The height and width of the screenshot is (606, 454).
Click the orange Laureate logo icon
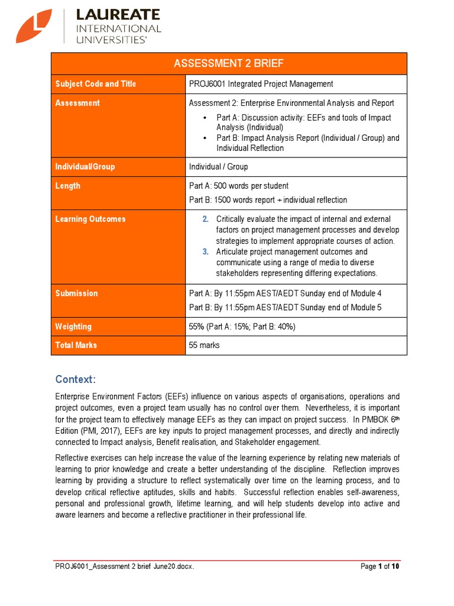pyautogui.click(x=35, y=26)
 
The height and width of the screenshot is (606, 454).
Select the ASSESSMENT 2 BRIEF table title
pyautogui.click(x=229, y=64)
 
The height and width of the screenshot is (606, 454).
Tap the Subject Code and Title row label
pyautogui.click(x=95, y=84)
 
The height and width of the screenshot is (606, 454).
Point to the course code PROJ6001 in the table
pyautogui.click(x=207, y=84)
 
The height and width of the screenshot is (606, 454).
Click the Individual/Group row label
pyautogui.click(x=85, y=167)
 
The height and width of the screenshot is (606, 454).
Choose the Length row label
pyautogui.click(x=68, y=186)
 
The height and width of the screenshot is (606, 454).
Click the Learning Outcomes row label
pyautogui.click(x=90, y=219)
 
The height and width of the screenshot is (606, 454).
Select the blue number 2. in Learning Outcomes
pyautogui.click(x=205, y=219)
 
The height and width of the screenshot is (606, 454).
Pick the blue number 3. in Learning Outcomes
pyautogui.click(x=205, y=252)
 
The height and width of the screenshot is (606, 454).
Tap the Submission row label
pyautogui.click(x=76, y=294)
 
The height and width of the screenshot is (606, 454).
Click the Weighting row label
pyautogui.click(x=73, y=326)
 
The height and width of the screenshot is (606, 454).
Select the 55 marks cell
pyautogui.click(x=204, y=345)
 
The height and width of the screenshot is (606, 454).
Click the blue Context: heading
pyautogui.click(x=75, y=379)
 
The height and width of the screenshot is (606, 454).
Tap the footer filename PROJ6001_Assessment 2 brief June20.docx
pyautogui.click(x=124, y=566)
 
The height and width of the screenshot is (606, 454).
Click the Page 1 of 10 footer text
pyautogui.click(x=380, y=566)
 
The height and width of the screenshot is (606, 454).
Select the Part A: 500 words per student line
pyautogui.click(x=238, y=186)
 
